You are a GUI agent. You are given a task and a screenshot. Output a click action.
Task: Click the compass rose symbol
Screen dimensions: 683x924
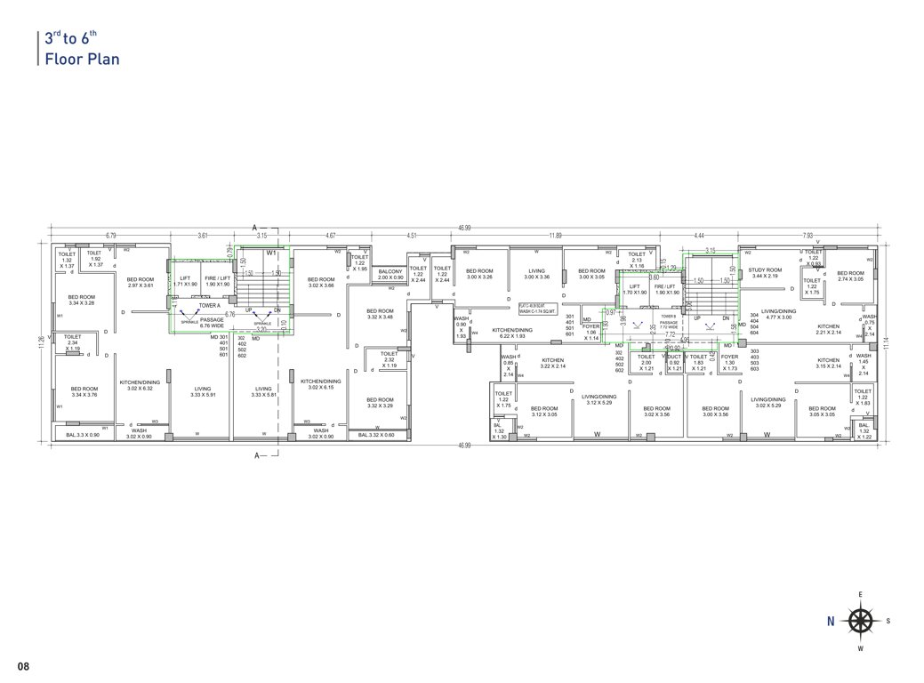(x=859, y=621)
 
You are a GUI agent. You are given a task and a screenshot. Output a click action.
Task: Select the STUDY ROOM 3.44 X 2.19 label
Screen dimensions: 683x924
(x=764, y=273)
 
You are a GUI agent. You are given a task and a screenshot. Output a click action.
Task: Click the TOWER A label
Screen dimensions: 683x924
(x=210, y=305)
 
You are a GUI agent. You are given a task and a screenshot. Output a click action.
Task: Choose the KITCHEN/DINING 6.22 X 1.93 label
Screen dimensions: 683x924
(x=515, y=333)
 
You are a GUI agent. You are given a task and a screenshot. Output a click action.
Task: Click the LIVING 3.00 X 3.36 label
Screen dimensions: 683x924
(x=536, y=274)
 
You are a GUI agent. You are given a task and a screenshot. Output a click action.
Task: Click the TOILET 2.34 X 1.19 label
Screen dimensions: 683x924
(x=73, y=341)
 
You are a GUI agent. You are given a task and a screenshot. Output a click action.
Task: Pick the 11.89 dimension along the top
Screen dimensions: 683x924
(x=555, y=236)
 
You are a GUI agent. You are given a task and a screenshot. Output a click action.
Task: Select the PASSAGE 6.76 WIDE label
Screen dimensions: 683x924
(x=212, y=322)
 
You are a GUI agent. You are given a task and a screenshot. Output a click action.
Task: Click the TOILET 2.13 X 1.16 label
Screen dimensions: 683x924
(x=636, y=260)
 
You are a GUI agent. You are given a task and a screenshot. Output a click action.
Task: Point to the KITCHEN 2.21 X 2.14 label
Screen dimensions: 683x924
(x=828, y=329)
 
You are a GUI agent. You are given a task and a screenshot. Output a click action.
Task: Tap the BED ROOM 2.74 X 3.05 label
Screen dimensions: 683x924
(x=850, y=276)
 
